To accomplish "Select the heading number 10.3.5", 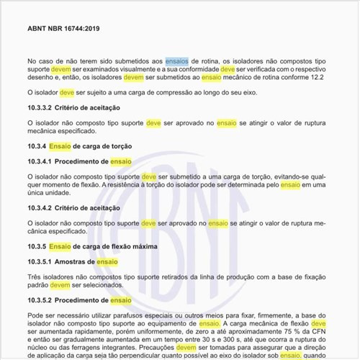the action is tap(37, 246).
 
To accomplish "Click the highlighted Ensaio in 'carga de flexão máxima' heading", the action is tap(60, 246).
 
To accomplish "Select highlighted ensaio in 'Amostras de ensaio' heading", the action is tap(107, 261).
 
